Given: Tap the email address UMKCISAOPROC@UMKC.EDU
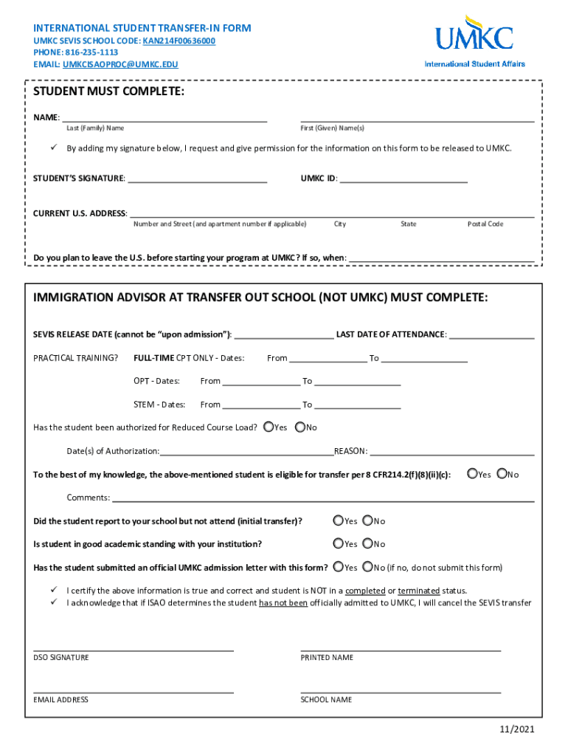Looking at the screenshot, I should [120, 64].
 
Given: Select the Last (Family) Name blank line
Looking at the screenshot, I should [164, 118].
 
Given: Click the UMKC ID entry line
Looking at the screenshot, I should [404, 179].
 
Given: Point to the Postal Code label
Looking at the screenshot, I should [485, 224].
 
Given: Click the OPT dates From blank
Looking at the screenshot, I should [261, 381].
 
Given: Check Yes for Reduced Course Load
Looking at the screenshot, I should [269, 427].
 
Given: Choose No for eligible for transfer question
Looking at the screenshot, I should [502, 474].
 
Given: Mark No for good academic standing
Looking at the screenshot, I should [368, 543].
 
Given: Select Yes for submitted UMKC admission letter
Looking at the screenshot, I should [338, 567].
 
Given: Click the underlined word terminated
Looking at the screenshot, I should [419, 591].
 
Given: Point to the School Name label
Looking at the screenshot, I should [326, 699].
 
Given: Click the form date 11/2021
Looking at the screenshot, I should [516, 729].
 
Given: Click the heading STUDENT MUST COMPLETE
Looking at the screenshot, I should [108, 92].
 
